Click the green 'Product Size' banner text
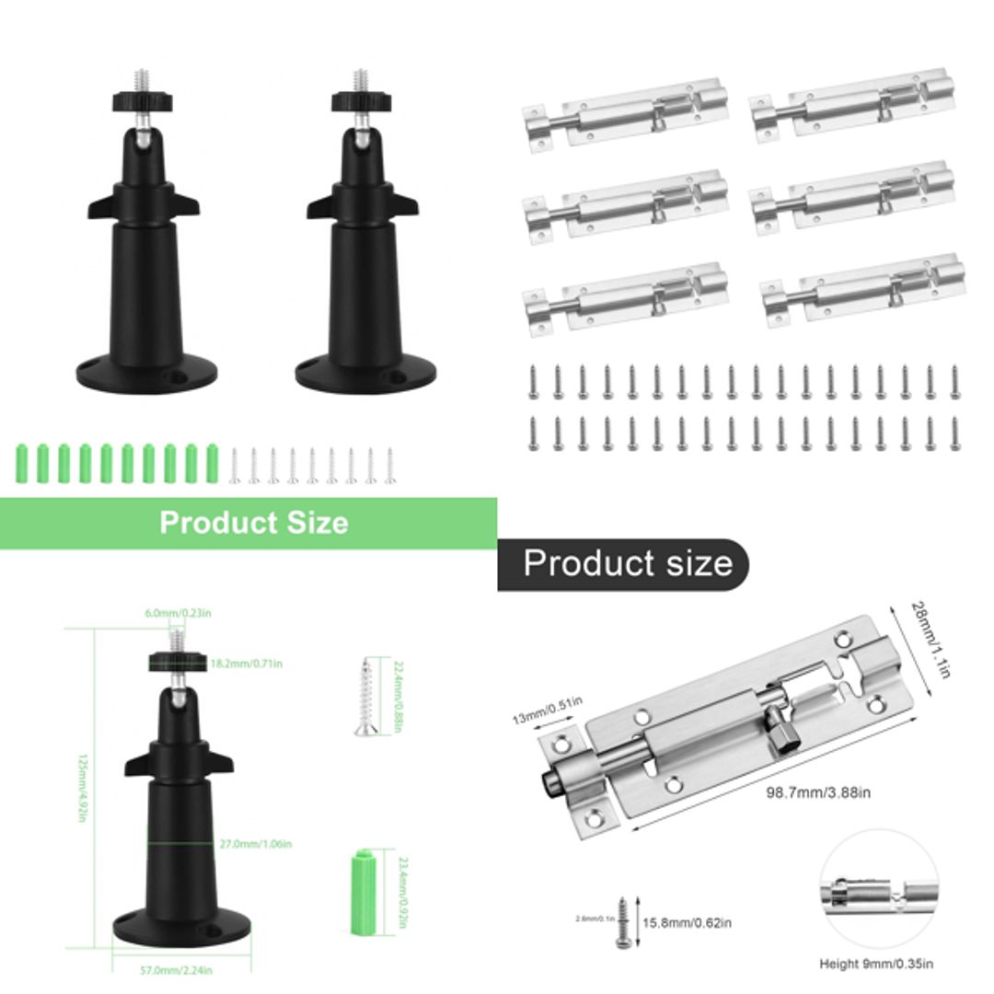pos(254,523)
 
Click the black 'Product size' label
pos(628,563)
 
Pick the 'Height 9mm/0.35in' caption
pos(876,964)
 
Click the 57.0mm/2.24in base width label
pos(180,968)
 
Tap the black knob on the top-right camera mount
pos(359,101)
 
